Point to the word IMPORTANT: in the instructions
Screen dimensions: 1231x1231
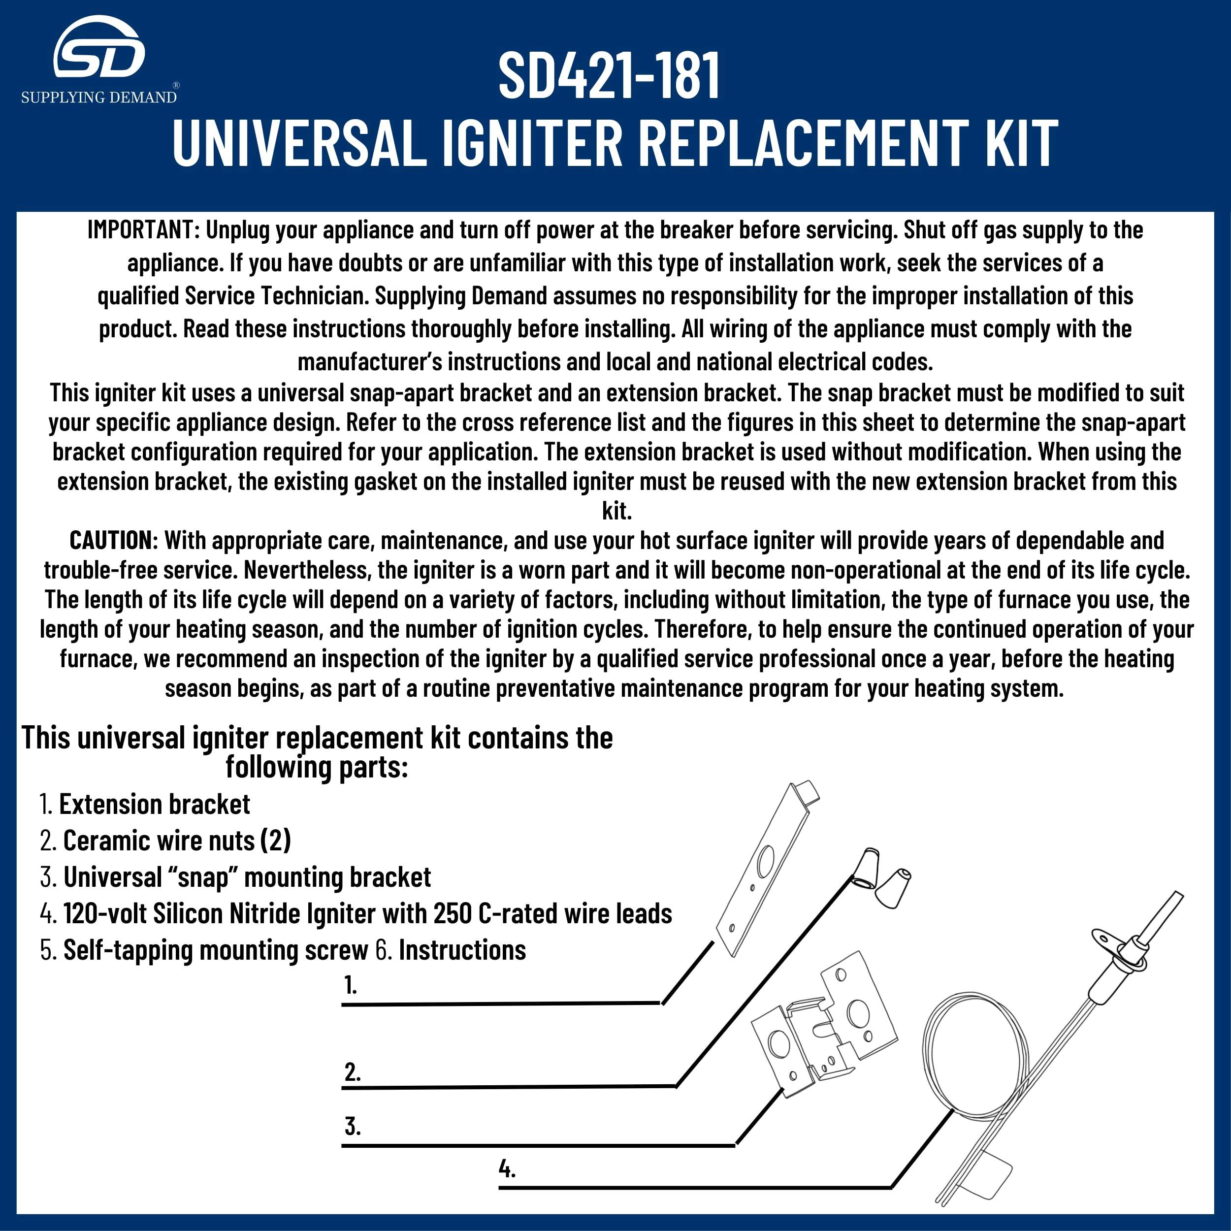pyautogui.click(x=144, y=230)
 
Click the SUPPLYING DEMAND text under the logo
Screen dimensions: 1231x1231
pyautogui.click(x=99, y=97)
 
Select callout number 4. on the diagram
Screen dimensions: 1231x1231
pyautogui.click(x=507, y=1169)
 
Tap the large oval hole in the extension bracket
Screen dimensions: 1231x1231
pyautogui.click(x=765, y=860)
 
